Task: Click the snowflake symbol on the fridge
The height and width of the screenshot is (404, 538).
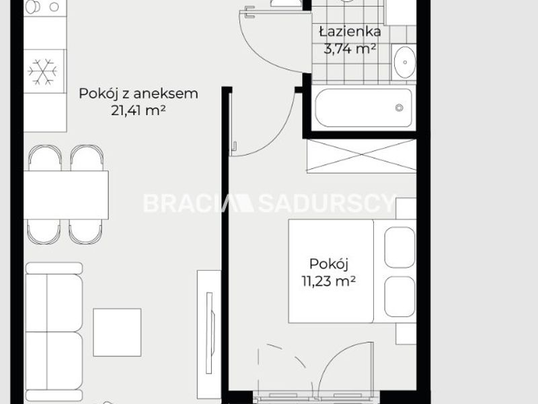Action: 42,72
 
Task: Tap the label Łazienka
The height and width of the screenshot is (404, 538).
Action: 350,32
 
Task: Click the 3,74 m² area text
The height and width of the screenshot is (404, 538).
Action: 350,49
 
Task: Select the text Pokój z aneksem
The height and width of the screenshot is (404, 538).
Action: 139,94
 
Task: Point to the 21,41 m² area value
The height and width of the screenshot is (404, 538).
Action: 139,110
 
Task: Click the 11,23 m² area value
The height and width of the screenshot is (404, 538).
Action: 328,281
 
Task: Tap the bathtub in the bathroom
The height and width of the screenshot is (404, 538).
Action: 364,108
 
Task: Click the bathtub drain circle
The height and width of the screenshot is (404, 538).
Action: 399,108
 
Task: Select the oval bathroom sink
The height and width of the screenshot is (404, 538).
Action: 405,63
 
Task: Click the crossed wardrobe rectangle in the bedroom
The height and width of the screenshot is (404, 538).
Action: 361,156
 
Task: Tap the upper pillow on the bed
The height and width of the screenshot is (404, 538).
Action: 399,247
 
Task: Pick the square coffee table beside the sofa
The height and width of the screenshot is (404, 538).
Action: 117,332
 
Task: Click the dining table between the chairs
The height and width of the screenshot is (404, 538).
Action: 66,195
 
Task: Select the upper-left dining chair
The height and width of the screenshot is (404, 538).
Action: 45,158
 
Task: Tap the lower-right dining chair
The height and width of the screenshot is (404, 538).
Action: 86,232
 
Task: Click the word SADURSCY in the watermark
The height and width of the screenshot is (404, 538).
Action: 327,203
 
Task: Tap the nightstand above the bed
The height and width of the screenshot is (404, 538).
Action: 406,209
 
